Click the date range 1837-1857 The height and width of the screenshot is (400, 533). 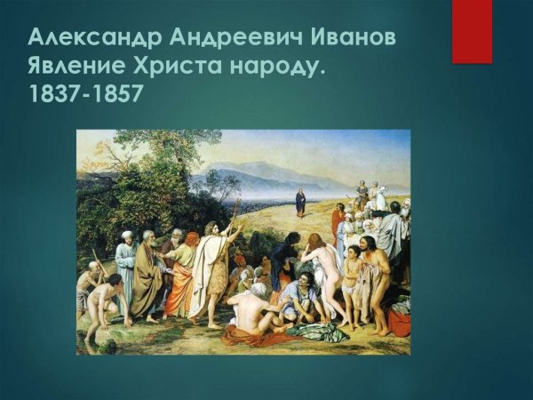(85, 94)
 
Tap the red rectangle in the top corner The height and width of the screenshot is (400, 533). (472, 31)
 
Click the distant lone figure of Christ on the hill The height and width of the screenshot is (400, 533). (300, 203)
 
